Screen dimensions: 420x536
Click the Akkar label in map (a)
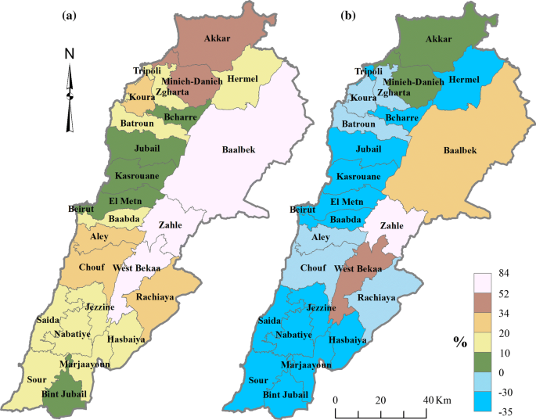(x=218, y=38)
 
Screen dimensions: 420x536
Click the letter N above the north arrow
(x=70, y=54)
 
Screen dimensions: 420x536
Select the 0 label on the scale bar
(x=335, y=400)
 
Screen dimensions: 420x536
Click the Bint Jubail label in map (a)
(x=66, y=393)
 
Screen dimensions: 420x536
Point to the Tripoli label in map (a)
(x=146, y=71)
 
